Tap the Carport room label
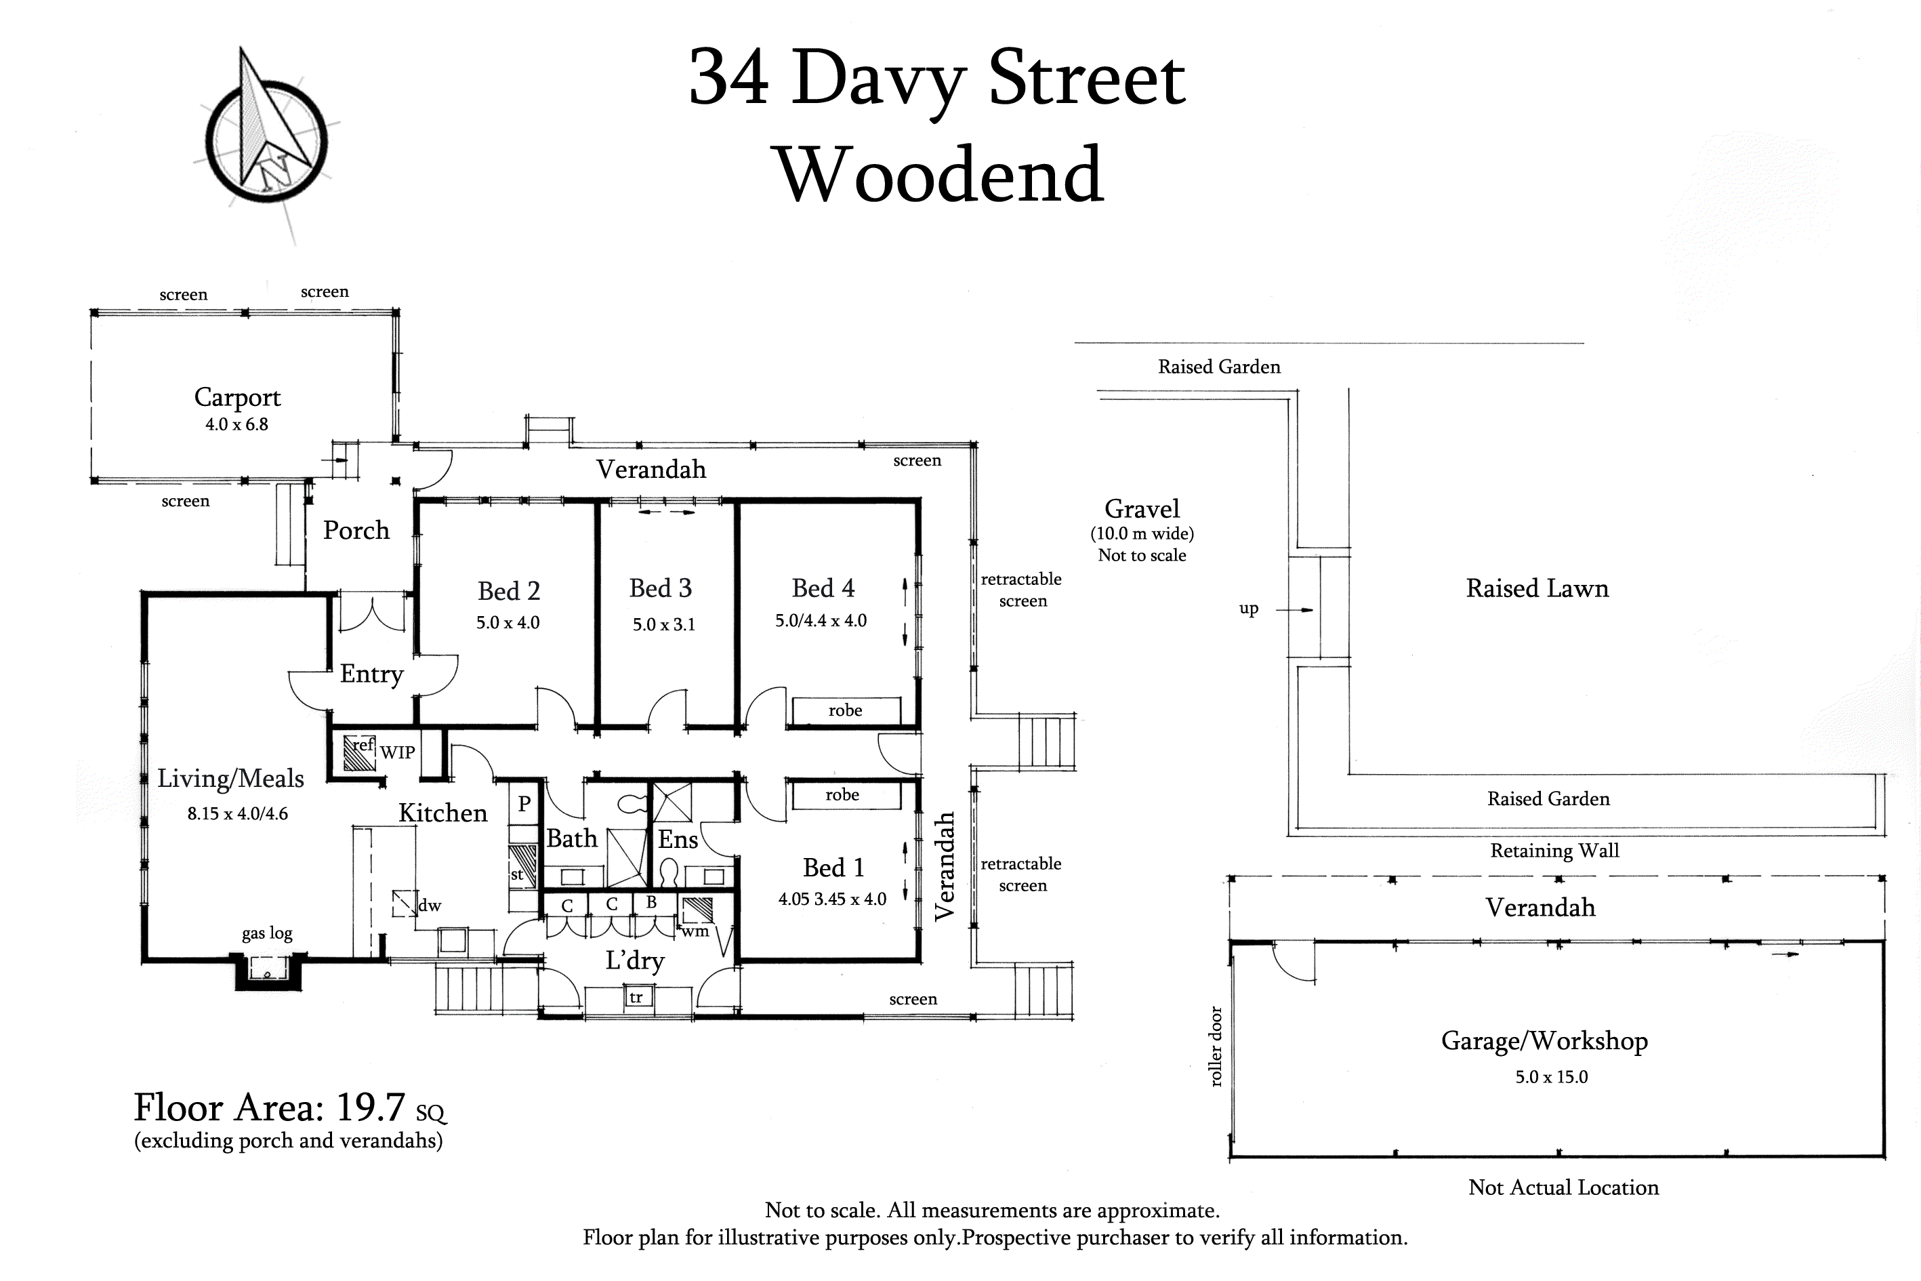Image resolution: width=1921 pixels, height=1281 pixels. tap(237, 398)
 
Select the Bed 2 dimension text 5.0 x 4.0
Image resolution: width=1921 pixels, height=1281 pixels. tap(508, 622)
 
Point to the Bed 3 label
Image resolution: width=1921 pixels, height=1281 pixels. tap(660, 588)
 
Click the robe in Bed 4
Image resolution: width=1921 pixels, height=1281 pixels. tap(846, 710)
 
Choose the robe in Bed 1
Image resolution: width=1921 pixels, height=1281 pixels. tap(842, 795)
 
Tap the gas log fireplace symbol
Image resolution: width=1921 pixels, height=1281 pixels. tap(268, 970)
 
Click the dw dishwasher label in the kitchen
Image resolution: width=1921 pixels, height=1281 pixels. tap(430, 906)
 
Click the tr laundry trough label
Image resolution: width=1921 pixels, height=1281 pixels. tap(636, 998)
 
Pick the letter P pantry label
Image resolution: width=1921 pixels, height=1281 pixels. tap(524, 804)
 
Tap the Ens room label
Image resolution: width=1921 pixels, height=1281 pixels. tap(678, 840)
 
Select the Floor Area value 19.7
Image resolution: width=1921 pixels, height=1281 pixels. tap(370, 1107)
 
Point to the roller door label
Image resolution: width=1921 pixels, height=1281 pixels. tap(1216, 1046)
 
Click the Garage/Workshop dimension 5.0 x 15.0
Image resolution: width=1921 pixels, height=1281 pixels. tap(1552, 1077)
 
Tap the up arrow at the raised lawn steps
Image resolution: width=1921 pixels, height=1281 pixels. tap(1294, 609)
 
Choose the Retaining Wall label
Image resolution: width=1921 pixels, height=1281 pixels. tap(1554, 851)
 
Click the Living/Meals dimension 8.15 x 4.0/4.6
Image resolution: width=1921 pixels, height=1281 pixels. tap(238, 814)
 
